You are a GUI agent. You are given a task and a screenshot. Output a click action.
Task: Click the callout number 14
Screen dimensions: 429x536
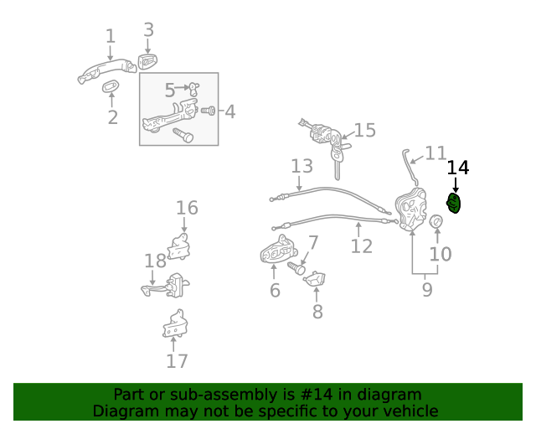point(457,168)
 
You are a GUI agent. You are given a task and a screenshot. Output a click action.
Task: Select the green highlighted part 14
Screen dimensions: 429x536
point(454,204)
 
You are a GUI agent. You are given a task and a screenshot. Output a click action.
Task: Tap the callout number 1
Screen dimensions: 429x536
point(110,36)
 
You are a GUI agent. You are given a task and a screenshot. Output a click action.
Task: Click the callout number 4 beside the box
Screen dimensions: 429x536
point(229,111)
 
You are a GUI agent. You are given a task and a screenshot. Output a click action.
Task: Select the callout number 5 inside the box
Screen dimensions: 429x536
point(169,90)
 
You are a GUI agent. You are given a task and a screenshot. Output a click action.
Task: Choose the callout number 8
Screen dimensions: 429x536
point(317,312)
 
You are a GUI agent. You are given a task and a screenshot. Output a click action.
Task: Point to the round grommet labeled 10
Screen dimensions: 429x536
point(435,221)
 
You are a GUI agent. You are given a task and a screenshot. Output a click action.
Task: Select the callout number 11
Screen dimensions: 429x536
point(435,153)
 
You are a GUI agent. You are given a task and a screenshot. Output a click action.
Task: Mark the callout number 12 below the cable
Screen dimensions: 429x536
point(361,246)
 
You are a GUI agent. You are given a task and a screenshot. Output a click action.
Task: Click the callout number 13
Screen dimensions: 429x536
point(301,166)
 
